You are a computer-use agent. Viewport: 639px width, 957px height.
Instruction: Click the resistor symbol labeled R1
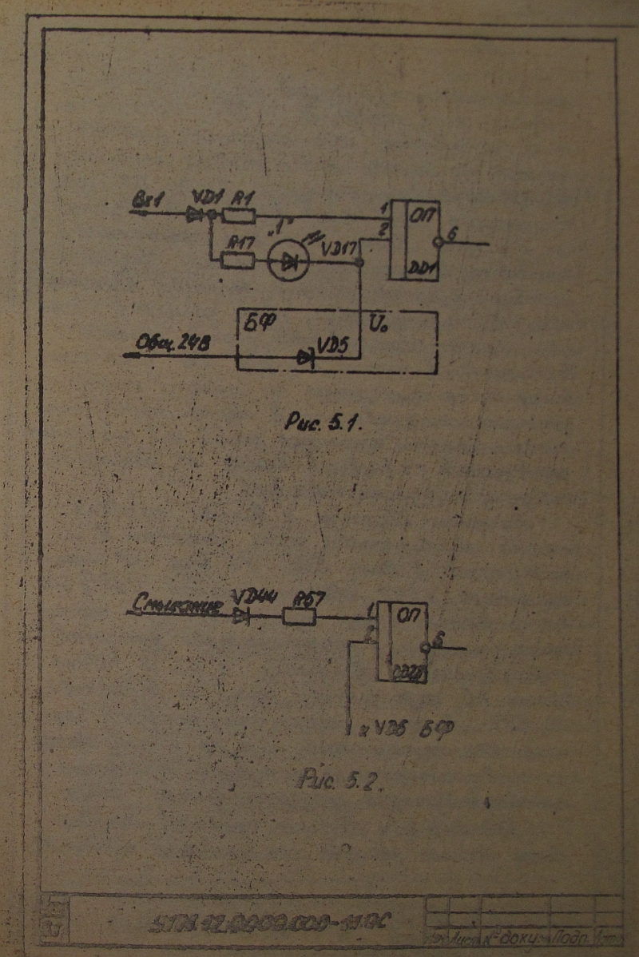pyautogui.click(x=239, y=214)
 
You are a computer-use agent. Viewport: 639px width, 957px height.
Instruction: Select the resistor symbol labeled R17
pyautogui.click(x=237, y=260)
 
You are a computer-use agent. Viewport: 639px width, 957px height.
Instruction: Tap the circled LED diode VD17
pyautogui.click(x=287, y=260)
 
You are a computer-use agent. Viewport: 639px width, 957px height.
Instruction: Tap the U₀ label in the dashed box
pyautogui.click(x=378, y=326)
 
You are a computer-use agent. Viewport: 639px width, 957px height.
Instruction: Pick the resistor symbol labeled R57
pyautogui.click(x=300, y=616)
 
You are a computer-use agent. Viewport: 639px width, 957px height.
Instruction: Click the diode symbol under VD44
pyautogui.click(x=241, y=616)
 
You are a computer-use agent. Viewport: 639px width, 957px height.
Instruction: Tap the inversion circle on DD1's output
pyautogui.click(x=437, y=242)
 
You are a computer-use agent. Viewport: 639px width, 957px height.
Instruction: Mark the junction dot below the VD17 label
pyautogui.click(x=361, y=260)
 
